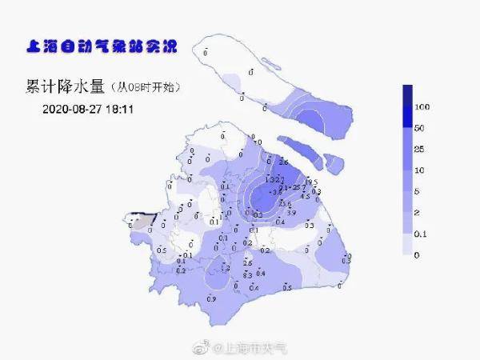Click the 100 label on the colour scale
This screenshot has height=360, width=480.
[423, 107]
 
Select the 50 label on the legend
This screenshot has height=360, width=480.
[420, 128]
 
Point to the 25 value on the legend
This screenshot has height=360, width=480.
[420, 150]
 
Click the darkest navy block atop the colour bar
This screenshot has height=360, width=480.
[406, 95]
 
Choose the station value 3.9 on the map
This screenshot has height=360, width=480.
[292, 213]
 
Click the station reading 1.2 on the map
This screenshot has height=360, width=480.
[226, 267]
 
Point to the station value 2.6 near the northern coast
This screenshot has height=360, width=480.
[282, 162]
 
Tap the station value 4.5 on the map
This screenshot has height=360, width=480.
[304, 196]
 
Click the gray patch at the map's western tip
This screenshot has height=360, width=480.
[141, 221]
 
